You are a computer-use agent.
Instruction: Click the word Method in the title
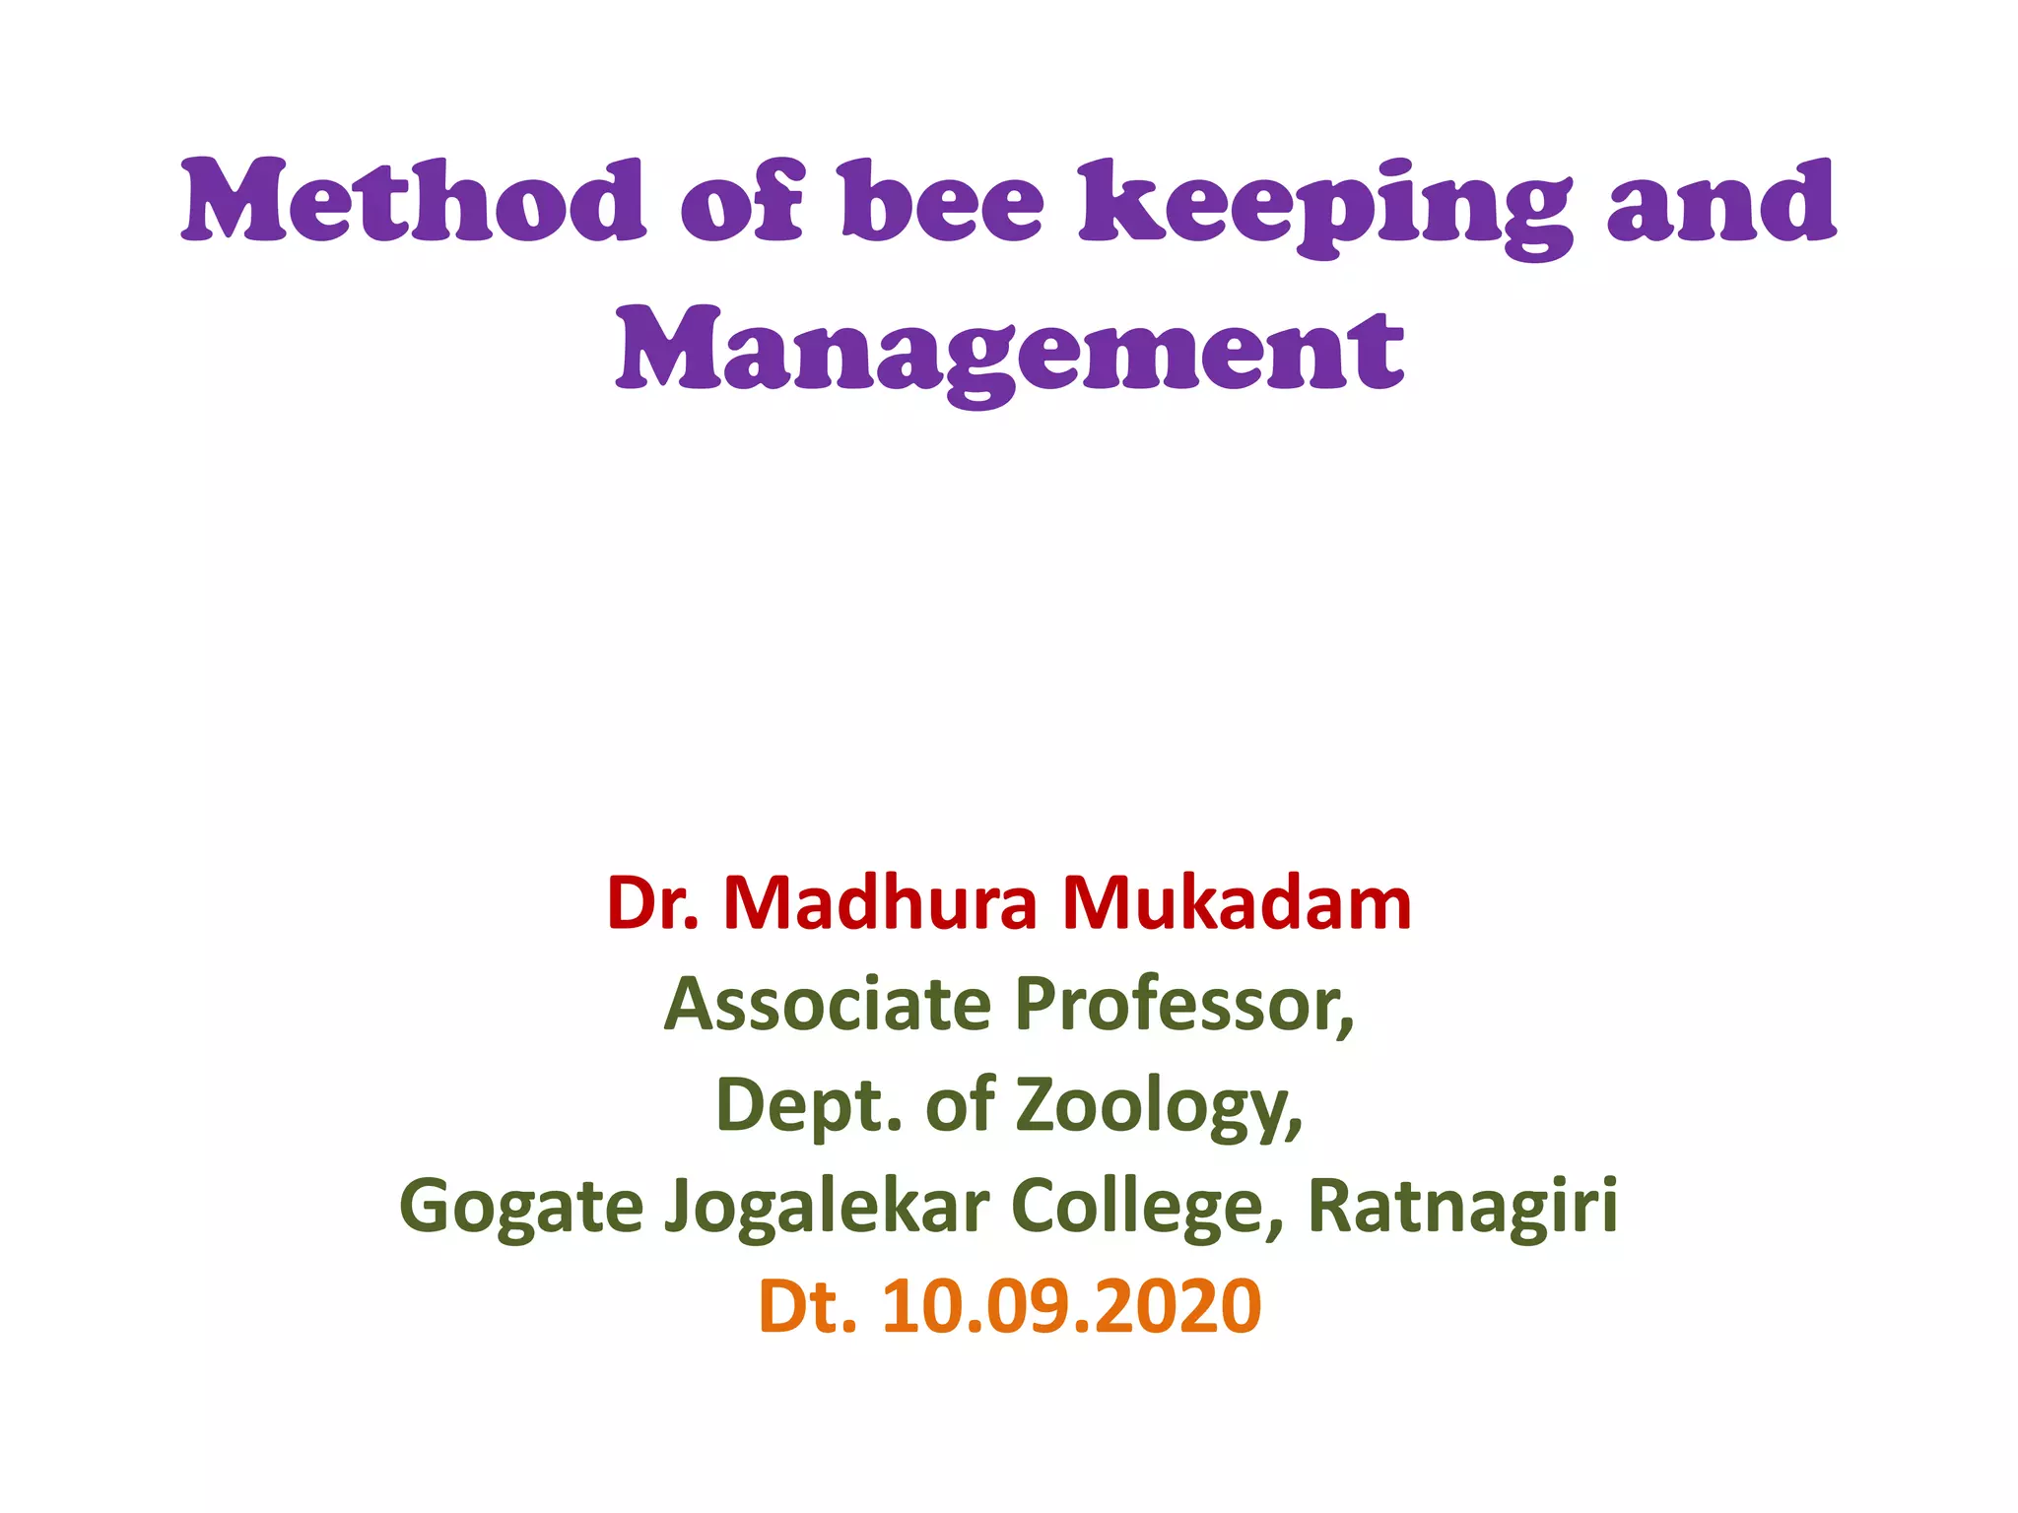[x=414, y=202]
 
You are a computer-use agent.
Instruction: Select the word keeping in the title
[x=1325, y=207]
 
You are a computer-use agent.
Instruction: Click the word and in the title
[x=1721, y=202]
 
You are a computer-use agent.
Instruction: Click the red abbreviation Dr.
[x=652, y=903]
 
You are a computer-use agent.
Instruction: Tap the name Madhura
[x=880, y=903]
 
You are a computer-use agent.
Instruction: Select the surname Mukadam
[x=1237, y=903]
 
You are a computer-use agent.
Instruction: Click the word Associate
[x=828, y=1005]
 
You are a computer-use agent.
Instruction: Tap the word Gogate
[x=521, y=1208]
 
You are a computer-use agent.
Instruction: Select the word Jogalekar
[x=827, y=1208]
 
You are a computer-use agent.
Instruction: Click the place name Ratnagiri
[x=1462, y=1208]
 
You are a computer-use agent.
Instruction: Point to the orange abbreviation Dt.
[x=807, y=1307]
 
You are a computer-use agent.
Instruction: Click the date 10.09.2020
[x=1071, y=1307]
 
